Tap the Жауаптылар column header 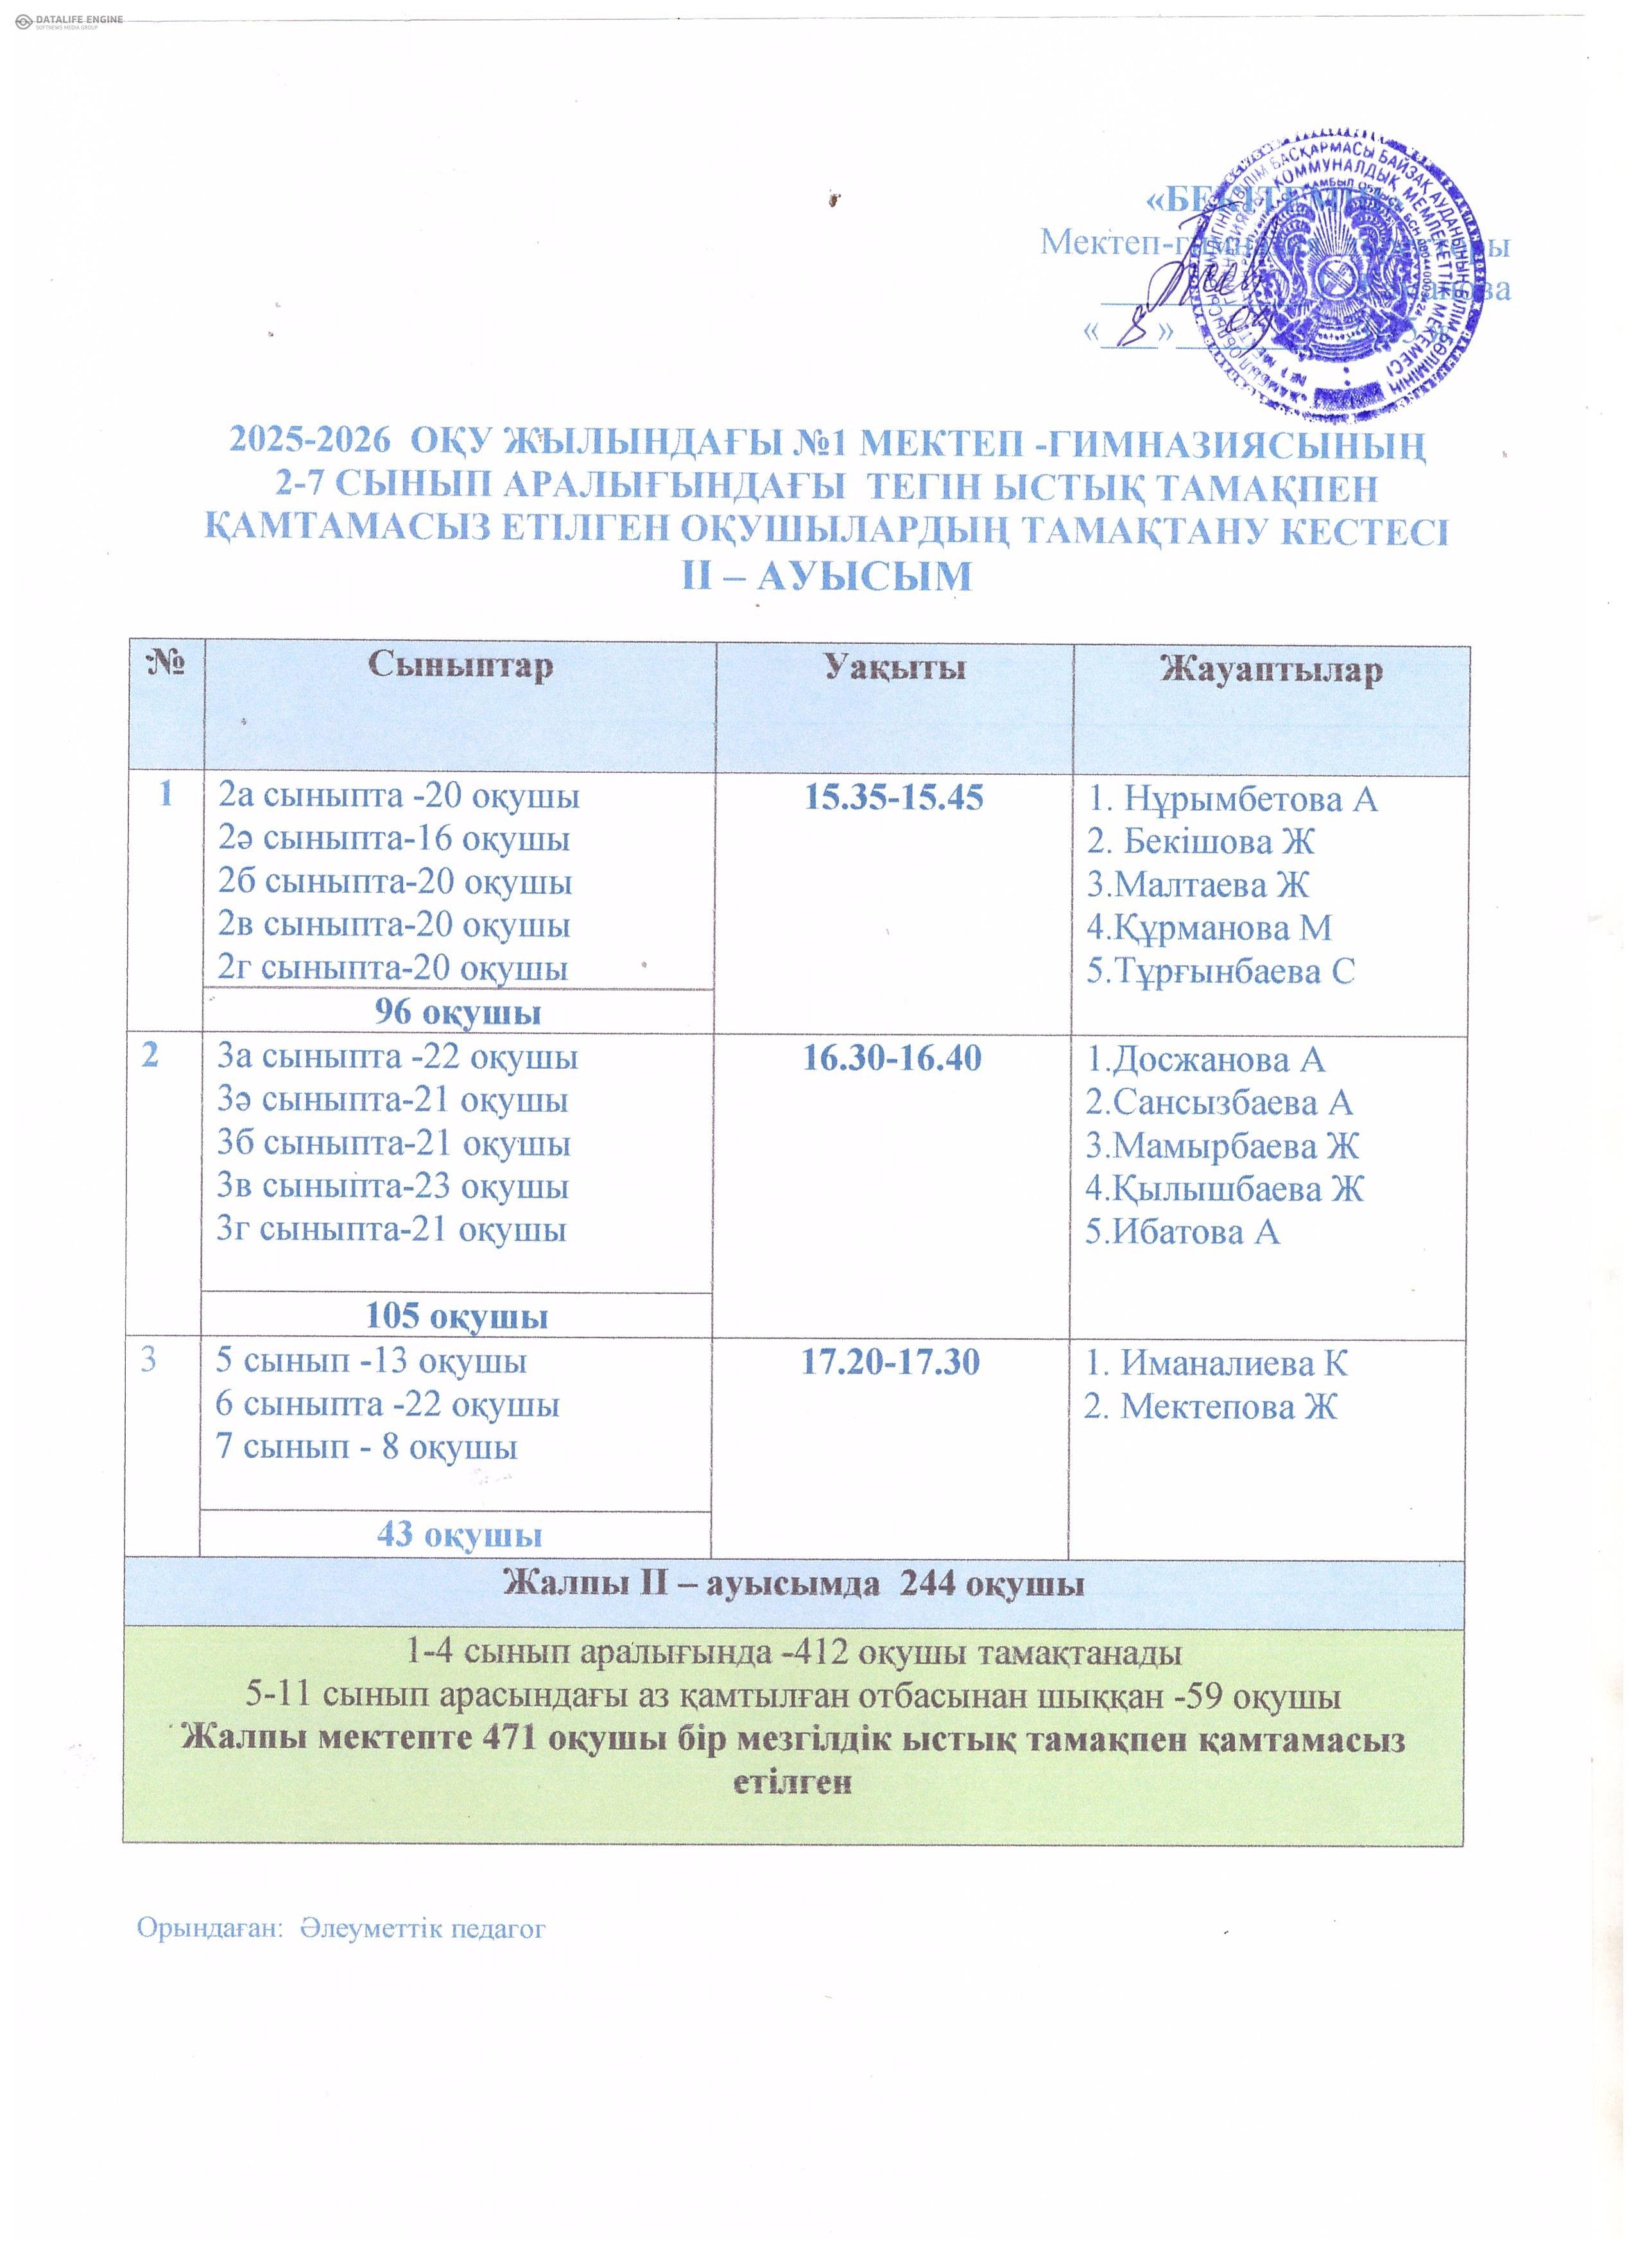(1272, 669)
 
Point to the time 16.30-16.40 (892, 1058)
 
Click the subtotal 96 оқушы (457, 1012)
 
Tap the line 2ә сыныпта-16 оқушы (394, 840)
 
